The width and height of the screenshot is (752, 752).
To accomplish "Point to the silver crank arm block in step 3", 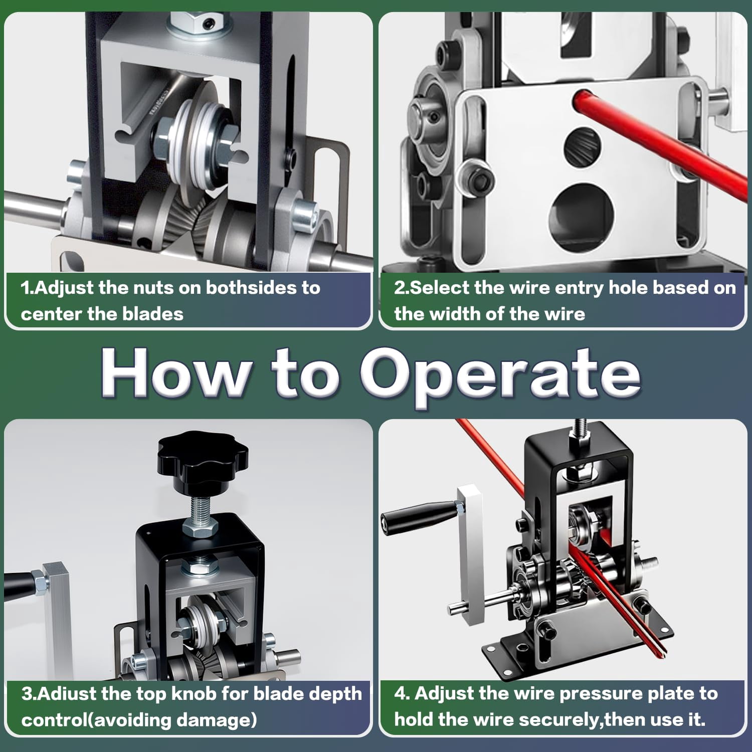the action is (x=56, y=622).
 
